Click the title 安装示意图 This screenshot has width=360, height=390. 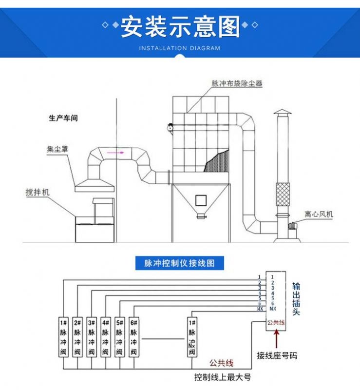click(x=180, y=27)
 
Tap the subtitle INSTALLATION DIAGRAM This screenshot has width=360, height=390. click(x=180, y=48)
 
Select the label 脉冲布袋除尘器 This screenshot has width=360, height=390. click(x=237, y=84)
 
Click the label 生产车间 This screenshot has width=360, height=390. click(x=63, y=118)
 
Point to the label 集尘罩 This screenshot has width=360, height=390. click(x=57, y=150)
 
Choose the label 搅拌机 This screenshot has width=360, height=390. click(x=38, y=193)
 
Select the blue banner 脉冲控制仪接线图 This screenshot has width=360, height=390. click(x=180, y=263)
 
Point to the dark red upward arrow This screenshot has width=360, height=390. click(x=276, y=340)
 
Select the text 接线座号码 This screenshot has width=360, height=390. click(x=276, y=356)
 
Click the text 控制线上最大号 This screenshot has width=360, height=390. click(x=222, y=378)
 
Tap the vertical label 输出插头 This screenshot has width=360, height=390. click(x=296, y=298)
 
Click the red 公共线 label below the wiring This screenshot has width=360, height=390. click(x=222, y=363)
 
